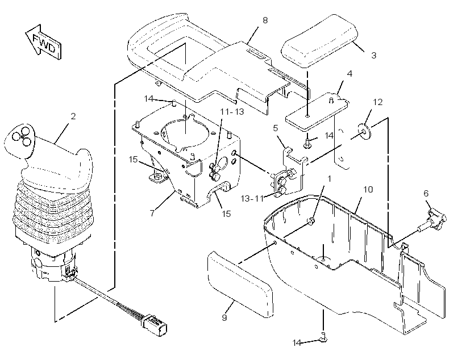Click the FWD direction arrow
(x=43, y=43)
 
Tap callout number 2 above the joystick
(x=73, y=116)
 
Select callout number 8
(x=265, y=20)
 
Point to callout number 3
(x=373, y=55)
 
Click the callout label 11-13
(x=232, y=112)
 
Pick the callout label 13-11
(x=252, y=198)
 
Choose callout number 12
(x=377, y=102)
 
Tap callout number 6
(x=426, y=194)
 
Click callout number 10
(x=368, y=189)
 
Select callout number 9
(x=224, y=317)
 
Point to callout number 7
(x=152, y=213)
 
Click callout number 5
(x=275, y=128)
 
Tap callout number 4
(x=349, y=74)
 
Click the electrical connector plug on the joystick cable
(x=155, y=325)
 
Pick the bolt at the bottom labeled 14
(x=323, y=337)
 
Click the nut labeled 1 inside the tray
(x=311, y=221)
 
